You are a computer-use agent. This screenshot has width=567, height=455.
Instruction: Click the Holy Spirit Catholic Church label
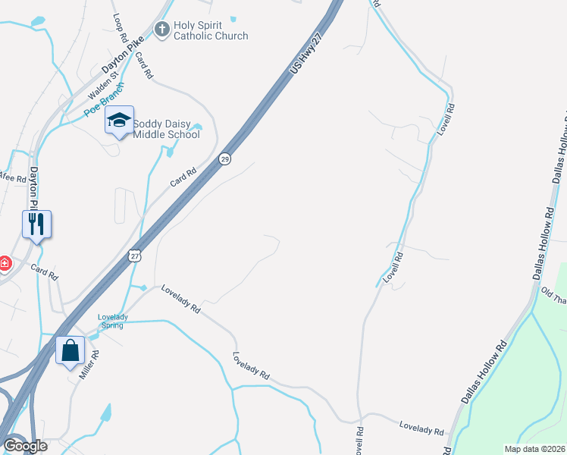[x=211, y=30]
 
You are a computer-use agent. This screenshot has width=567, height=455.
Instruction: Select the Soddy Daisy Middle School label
[x=166, y=129]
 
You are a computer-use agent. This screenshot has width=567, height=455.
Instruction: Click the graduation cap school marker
[x=119, y=120]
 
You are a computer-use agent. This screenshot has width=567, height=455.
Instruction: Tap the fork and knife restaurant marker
[x=36, y=224]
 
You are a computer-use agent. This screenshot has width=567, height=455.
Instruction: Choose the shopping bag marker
[x=70, y=350]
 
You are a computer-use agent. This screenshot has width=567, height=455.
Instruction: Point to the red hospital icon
[x=5, y=263]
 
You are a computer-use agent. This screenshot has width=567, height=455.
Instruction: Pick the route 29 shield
[x=224, y=159]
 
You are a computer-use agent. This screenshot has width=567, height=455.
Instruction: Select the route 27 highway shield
[x=135, y=256]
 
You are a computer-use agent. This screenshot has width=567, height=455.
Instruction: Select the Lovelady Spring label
[x=114, y=321]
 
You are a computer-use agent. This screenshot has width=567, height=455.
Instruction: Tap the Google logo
[x=24, y=446]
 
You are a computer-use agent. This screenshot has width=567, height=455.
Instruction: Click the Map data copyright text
[x=534, y=449]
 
